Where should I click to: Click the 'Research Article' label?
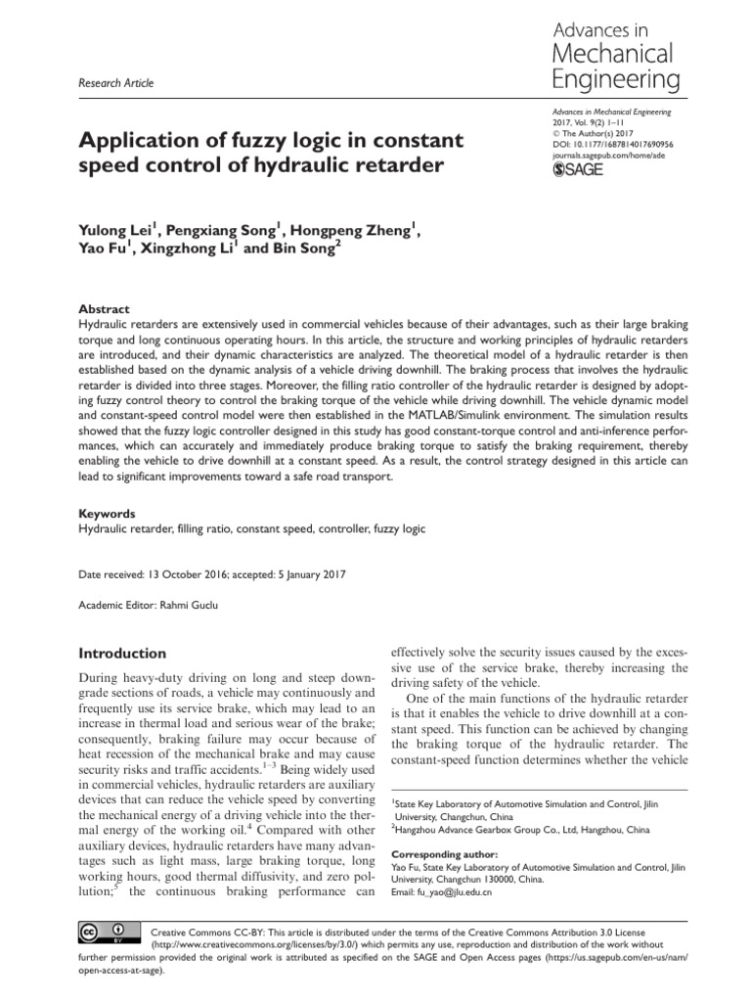(x=114, y=83)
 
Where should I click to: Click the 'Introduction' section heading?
(x=122, y=653)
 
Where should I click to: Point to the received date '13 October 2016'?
(x=187, y=574)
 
